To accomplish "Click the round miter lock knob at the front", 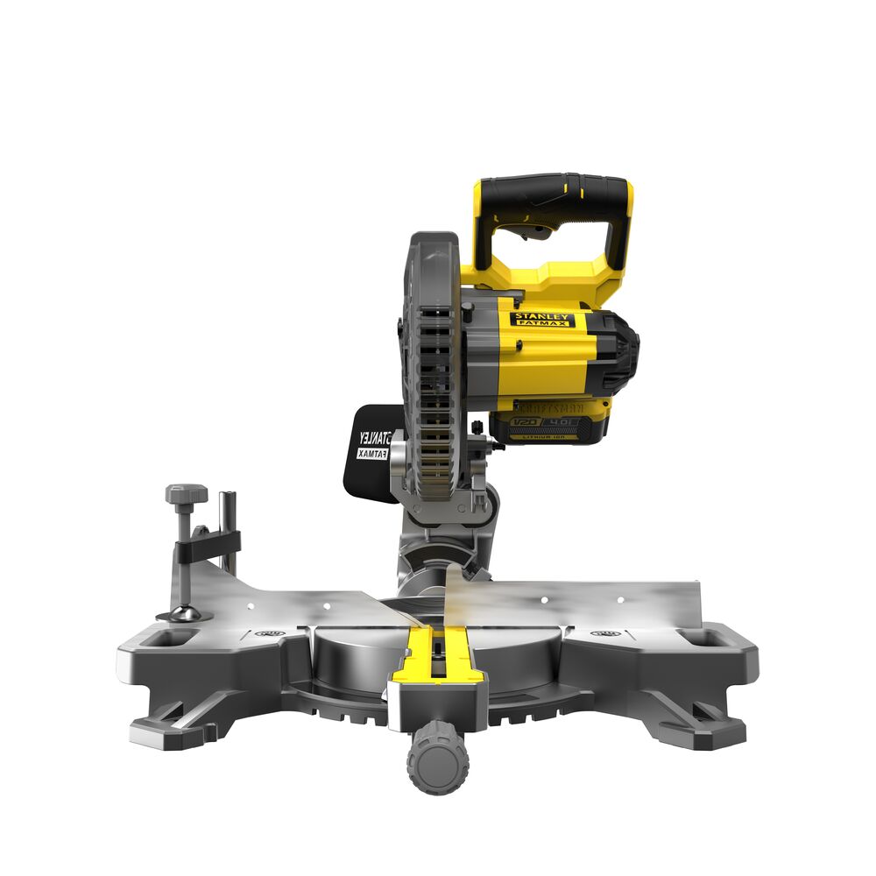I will coord(437,755).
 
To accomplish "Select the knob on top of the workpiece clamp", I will coord(187,495).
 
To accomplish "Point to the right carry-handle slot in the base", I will coord(707,640).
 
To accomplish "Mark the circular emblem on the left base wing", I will coord(271,632).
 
